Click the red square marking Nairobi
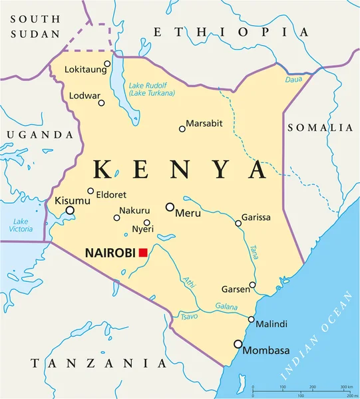(x=142, y=252)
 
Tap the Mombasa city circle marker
(x=238, y=344)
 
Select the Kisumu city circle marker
(x=70, y=211)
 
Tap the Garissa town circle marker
(x=238, y=223)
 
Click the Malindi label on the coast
(x=271, y=324)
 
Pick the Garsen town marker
(x=252, y=285)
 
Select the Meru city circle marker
(x=170, y=207)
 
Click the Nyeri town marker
(x=147, y=223)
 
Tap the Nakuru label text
(x=135, y=211)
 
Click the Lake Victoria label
(x=21, y=225)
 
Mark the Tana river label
(x=254, y=252)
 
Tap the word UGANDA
(x=39, y=134)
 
